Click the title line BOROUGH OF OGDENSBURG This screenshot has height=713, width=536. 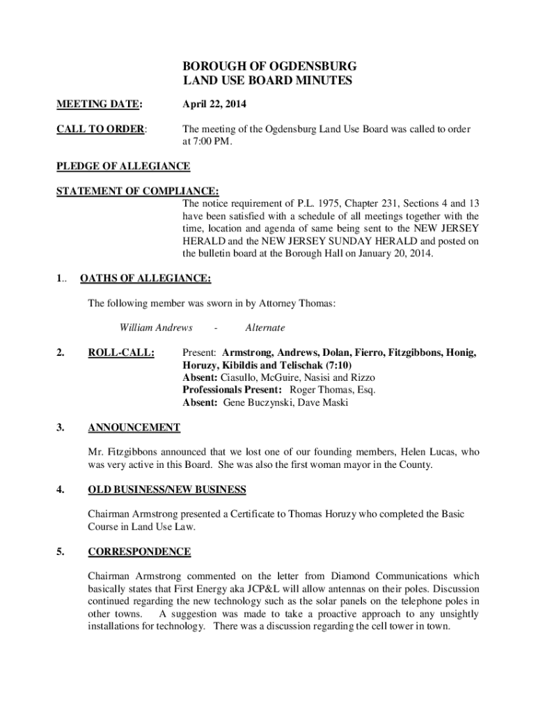tap(269, 66)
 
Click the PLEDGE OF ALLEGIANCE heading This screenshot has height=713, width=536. tap(123, 166)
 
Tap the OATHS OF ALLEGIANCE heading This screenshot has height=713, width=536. tap(146, 279)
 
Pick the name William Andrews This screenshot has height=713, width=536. tap(151, 327)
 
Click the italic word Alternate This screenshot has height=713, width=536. tap(265, 327)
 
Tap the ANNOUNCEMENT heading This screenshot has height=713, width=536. tap(134, 427)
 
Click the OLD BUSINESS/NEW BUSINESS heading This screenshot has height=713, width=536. tap(167, 489)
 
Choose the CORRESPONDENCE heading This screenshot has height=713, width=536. tap(139, 551)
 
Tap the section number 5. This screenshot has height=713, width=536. tap(61, 551)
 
